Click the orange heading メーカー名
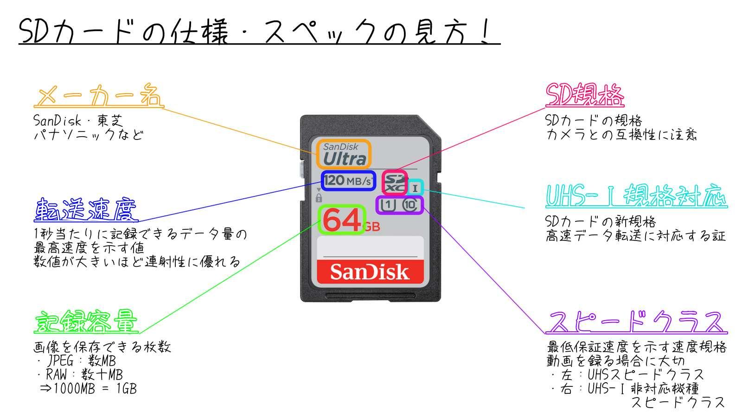tap(98, 95)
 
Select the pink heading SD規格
tap(585, 95)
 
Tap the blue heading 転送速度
tap(86, 210)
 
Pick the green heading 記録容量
tap(86, 322)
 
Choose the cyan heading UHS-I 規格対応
tap(636, 196)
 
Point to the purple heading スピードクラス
tap(636, 322)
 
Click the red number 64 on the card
tap(342, 220)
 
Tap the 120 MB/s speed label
tap(348, 181)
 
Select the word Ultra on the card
tap(345, 159)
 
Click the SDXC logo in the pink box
tap(395, 183)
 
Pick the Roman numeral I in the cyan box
tap(415, 189)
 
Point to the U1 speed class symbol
tap(387, 205)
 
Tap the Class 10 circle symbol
tap(410, 205)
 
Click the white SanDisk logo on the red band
tap(370, 272)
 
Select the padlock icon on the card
tap(319, 198)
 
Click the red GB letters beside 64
tap(371, 227)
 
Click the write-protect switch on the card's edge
tap(302, 169)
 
